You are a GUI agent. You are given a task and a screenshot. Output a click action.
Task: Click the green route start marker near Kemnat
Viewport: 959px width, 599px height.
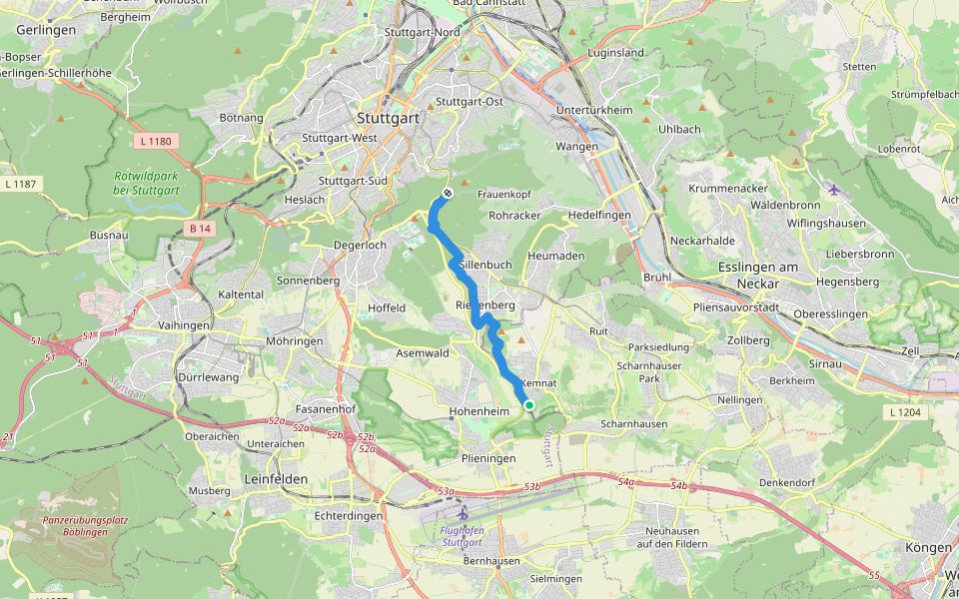528,404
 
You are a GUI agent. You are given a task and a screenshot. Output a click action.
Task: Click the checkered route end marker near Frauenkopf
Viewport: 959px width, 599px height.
448,194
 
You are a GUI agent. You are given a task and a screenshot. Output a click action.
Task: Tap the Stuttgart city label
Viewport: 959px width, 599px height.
388,118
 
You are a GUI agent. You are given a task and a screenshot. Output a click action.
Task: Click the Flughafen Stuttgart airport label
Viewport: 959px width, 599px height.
463,536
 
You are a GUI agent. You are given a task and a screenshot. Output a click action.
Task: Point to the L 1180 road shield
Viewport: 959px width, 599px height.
156,142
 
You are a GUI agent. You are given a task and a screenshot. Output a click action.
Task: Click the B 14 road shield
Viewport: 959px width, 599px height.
201,229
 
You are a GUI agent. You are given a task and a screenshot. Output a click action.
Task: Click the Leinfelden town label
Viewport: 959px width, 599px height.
275,479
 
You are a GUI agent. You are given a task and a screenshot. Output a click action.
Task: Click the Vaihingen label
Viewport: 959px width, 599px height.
184,325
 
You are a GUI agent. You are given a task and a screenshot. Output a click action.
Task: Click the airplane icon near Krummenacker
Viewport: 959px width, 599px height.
834,190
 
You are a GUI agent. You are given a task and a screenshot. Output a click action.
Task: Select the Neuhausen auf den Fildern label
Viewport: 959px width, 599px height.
676,537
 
